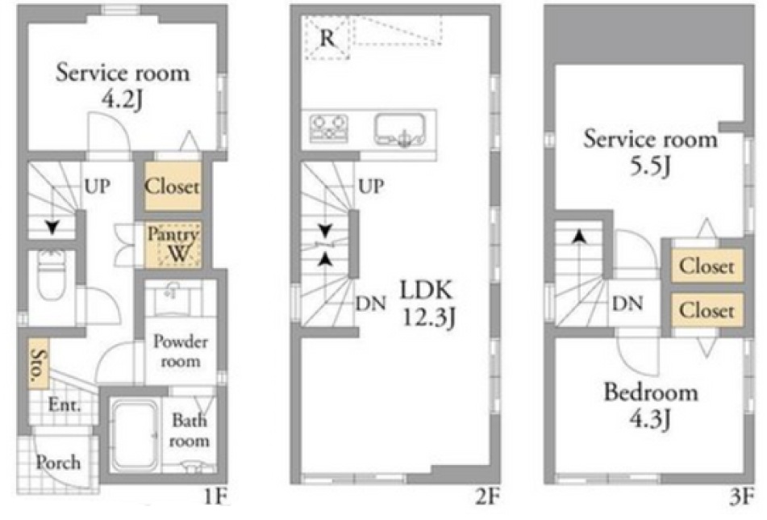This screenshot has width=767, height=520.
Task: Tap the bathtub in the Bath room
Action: [135, 434]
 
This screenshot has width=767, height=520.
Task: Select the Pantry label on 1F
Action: [173, 234]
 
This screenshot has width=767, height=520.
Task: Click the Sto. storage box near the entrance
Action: [38, 364]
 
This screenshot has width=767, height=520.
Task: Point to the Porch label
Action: [58, 463]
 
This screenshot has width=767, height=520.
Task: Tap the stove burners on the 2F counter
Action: [329, 128]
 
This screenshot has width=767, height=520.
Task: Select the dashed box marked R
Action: [327, 38]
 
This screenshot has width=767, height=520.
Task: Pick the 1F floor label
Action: [215, 497]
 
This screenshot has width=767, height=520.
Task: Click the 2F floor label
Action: [488, 497]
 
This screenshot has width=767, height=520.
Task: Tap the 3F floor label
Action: [742, 497]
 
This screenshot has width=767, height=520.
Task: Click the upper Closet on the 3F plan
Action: [707, 266]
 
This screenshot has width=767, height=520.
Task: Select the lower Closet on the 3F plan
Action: [707, 310]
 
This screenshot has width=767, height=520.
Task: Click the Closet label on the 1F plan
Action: [172, 187]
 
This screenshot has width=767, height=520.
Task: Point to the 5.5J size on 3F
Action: [651, 167]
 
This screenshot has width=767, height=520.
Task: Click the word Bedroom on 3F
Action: [651, 392]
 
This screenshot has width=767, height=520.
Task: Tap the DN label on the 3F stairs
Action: [627, 304]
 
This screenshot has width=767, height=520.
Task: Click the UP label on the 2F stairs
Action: [371, 187]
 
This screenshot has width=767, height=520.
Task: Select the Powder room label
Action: [181, 351]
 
